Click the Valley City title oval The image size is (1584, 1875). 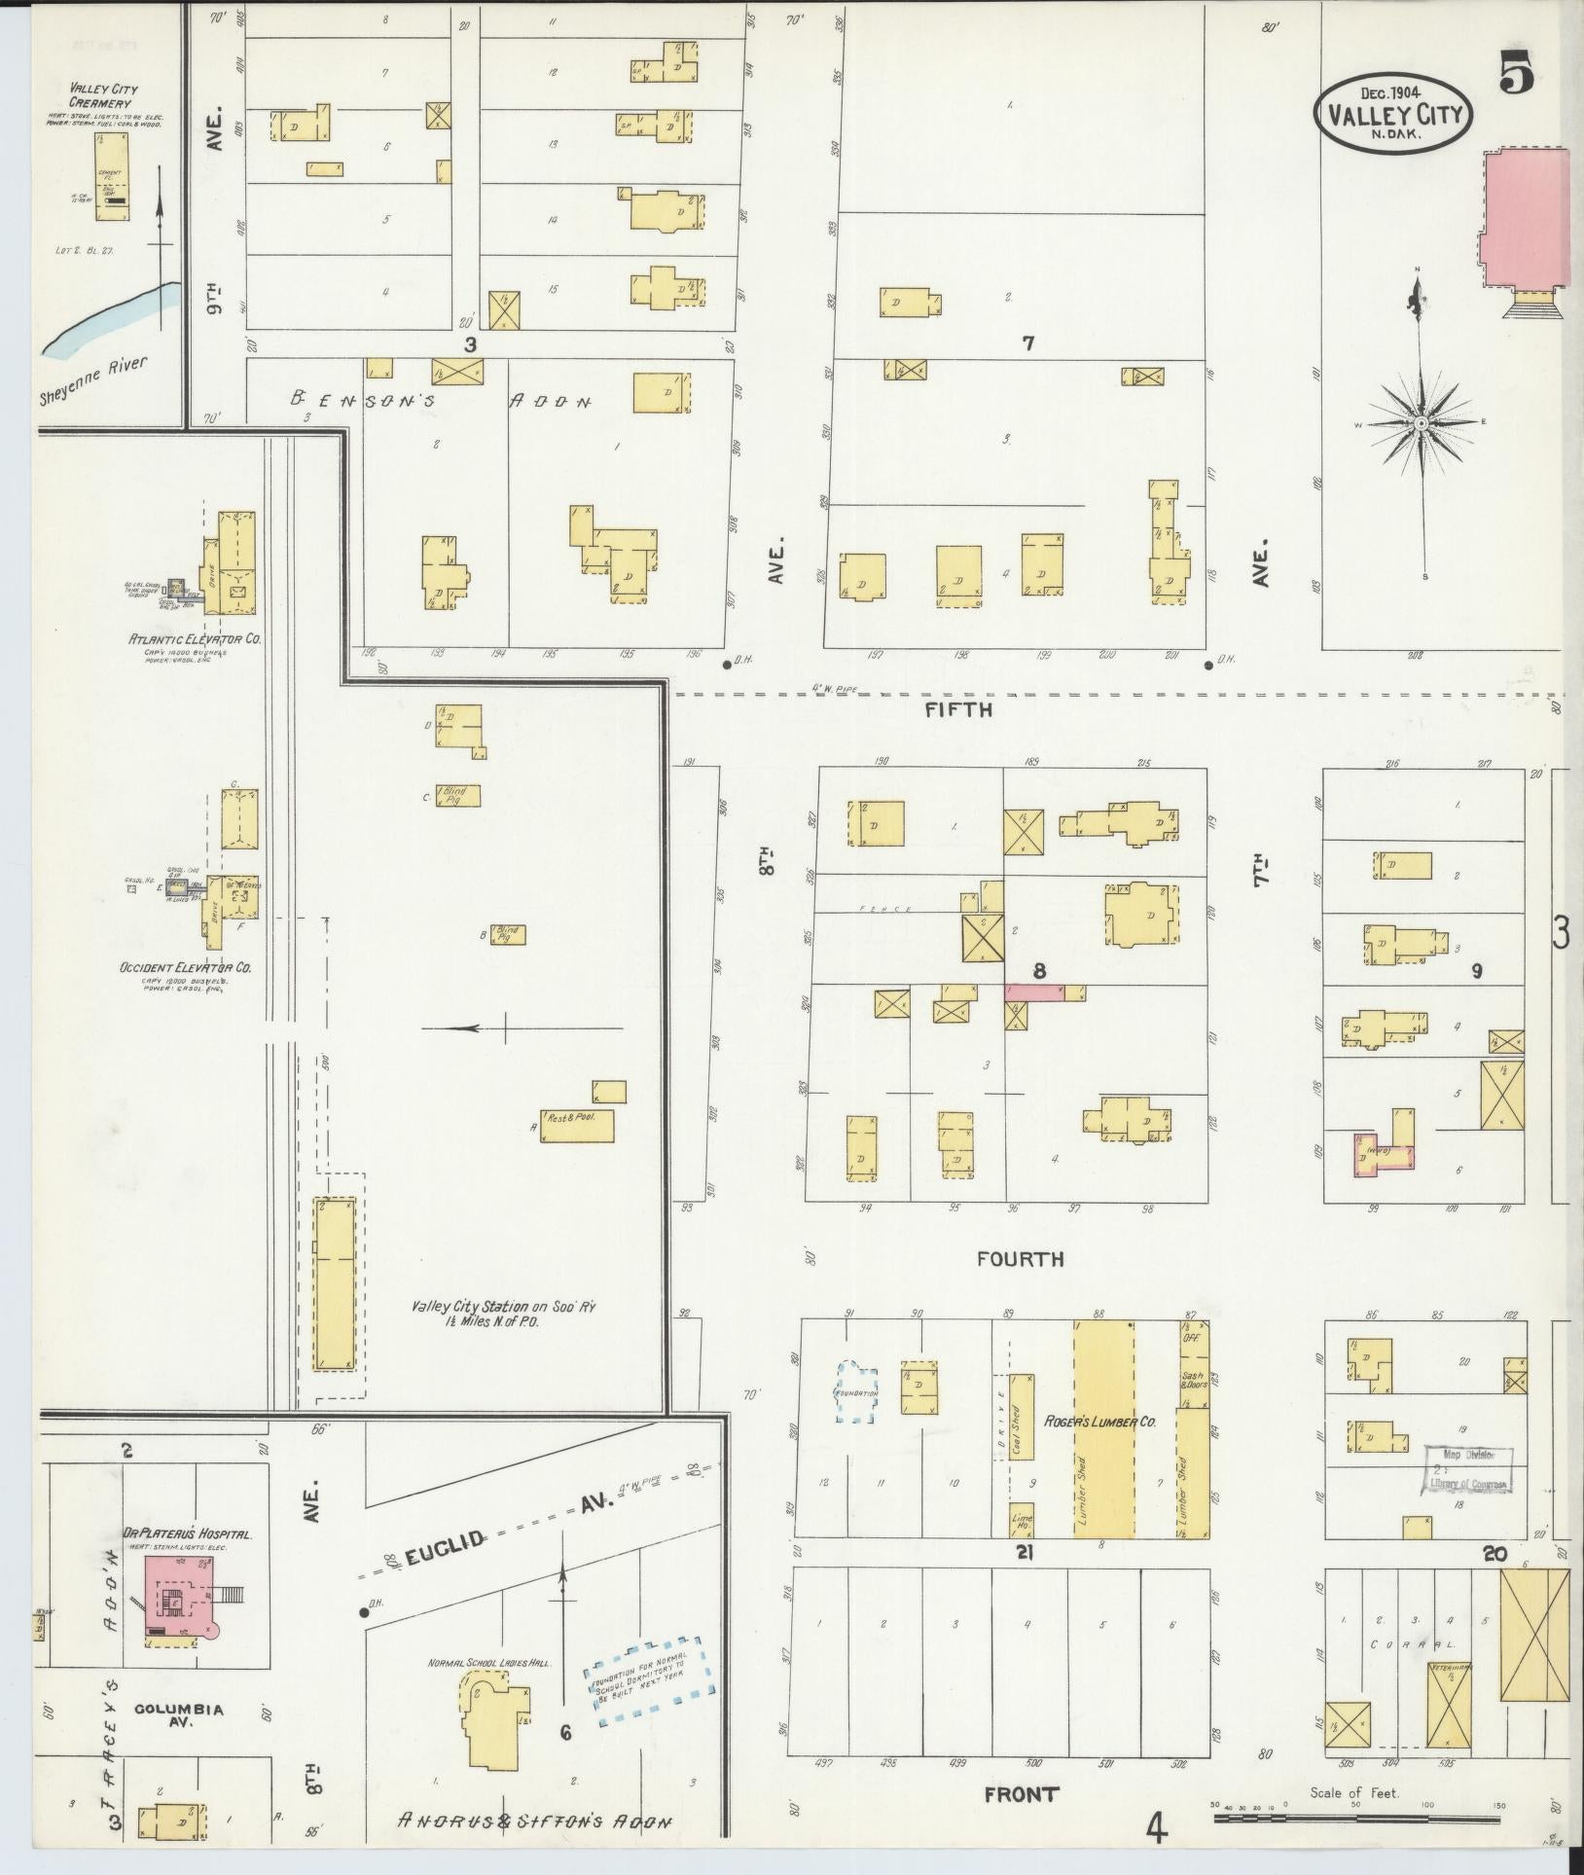(1393, 115)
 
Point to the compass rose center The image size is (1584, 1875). (1420, 423)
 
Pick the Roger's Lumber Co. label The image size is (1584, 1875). (1101, 1422)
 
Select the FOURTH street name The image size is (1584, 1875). (1021, 1259)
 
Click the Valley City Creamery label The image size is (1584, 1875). (103, 94)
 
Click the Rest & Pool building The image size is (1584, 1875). (578, 1126)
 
